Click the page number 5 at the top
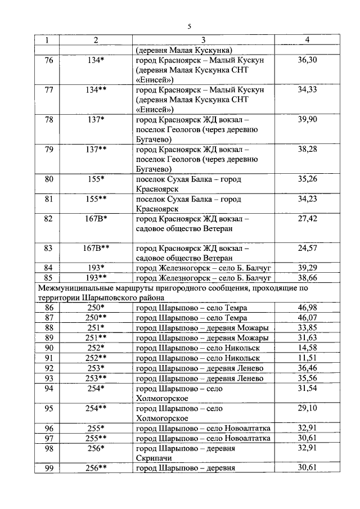point(189,26)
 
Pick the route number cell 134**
point(96,90)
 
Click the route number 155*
point(96,179)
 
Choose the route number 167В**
point(96,247)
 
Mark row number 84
point(48,267)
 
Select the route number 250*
point(96,308)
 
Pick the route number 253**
point(96,378)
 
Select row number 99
point(48,467)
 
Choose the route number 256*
point(96,448)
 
